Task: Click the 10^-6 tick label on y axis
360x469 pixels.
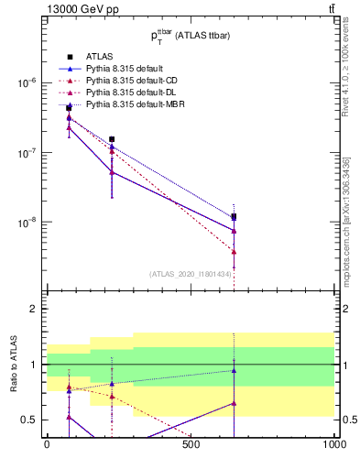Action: tap(25, 82)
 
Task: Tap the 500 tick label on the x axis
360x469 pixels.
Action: tap(191, 444)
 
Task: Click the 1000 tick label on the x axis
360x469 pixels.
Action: tap(334, 444)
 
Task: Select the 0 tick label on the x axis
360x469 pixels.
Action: tap(47, 444)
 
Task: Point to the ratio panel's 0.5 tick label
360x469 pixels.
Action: tap(27, 420)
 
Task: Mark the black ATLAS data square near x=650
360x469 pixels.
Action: tap(235, 217)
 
